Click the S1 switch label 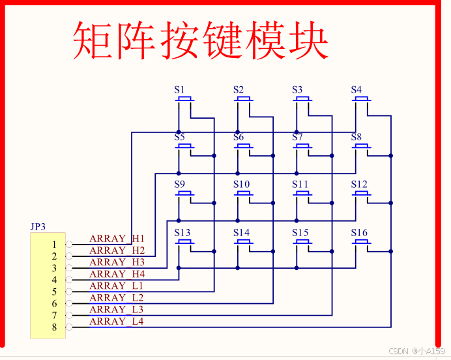coord(179,90)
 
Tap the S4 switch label coord(356,90)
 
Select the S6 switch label coord(239,138)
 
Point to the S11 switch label coord(300,185)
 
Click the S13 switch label coord(182,233)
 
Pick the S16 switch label coord(359,233)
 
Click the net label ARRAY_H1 coord(117,239)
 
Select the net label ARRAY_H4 coord(117,274)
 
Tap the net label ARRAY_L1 coord(117,286)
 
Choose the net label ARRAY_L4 coord(117,321)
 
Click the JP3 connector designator coord(38,227)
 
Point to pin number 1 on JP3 coord(55,245)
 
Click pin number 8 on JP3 coord(55,327)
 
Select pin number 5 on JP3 coord(55,292)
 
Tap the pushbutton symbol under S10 coord(244,194)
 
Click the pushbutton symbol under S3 coord(302,100)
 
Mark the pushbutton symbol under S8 coord(362,147)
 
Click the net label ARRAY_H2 coord(117,250)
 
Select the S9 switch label coord(179,185)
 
